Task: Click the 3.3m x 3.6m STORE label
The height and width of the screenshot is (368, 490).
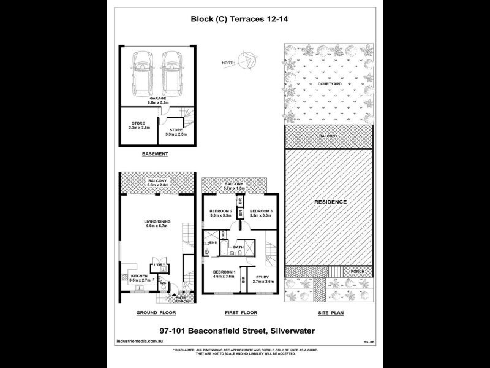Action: [138, 125]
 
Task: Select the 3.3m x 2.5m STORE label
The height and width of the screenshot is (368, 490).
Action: [176, 132]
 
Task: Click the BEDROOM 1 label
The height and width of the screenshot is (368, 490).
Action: [224, 273]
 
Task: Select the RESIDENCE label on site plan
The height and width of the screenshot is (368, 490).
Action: [331, 202]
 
